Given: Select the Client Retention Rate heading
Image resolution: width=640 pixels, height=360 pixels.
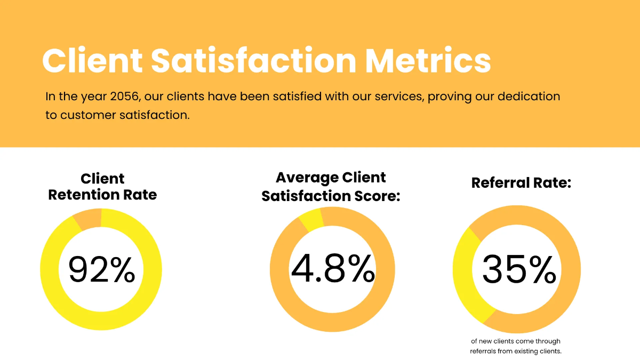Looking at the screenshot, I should coord(102,187).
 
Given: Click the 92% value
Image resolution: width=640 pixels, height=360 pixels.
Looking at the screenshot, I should coord(101,269).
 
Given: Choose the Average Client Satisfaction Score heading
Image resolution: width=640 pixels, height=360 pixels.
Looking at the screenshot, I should coord(331,187).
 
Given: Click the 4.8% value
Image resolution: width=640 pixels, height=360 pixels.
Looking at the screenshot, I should coord(332,268).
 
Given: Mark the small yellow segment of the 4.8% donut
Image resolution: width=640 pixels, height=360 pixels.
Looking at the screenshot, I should coord(311,219).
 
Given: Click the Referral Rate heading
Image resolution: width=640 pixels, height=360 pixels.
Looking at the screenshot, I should coord(521,183).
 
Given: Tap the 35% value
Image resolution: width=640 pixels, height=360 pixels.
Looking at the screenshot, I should coord(518,269).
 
